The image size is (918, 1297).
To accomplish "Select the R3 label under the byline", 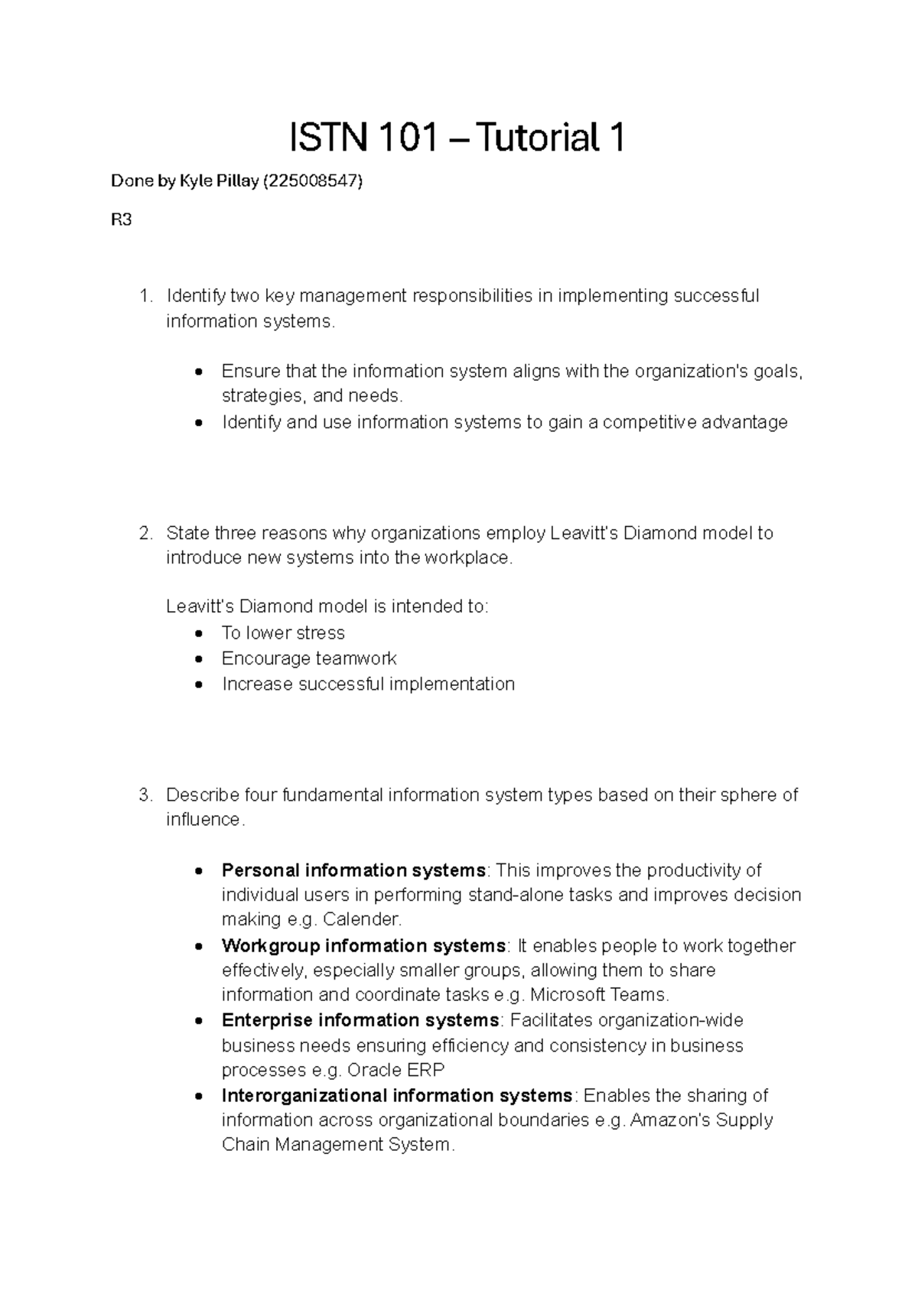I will point(121,220).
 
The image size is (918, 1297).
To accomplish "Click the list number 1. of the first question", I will point(146,296).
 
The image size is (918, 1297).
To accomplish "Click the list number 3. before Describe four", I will point(146,795).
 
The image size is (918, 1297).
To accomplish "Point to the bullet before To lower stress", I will point(200,634).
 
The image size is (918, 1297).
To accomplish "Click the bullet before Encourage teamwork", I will point(200,659).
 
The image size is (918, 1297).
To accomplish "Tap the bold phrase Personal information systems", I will point(353,870).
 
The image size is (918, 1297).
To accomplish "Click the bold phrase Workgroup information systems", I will point(363,946).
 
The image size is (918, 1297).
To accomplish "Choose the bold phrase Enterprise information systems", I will point(360,1021).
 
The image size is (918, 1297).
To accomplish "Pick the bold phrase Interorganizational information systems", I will point(396,1096).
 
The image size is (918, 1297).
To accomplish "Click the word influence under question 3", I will point(203,821).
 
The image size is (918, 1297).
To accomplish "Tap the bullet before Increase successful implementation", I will point(200,685).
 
